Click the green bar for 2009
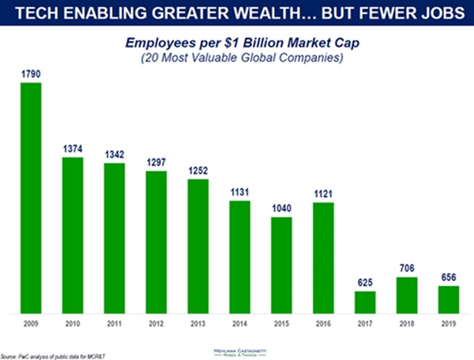pos(31,198)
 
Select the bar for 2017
pos(365,302)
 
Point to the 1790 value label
pos(31,74)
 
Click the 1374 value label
pos(73,149)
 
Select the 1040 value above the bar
pos(281,208)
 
